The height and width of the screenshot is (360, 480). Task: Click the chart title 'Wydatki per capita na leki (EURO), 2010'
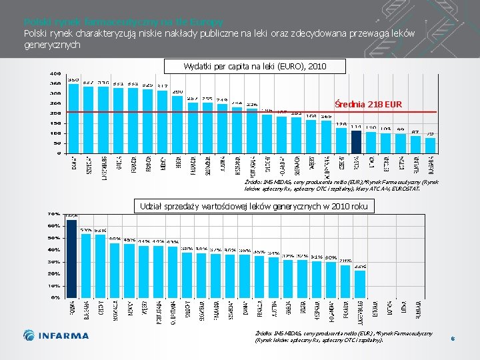click(255, 66)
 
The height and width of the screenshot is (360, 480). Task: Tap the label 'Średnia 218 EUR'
click(369, 105)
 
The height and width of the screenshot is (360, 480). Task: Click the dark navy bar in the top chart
click(357, 141)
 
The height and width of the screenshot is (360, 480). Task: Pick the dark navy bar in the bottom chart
click(71, 257)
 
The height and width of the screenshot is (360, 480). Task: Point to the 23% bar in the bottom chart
click(360, 283)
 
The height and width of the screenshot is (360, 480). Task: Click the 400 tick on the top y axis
click(55, 74)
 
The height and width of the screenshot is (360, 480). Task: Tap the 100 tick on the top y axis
click(55, 133)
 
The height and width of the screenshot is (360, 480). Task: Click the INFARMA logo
click(56, 335)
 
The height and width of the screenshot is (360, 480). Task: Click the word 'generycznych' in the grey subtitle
click(52, 45)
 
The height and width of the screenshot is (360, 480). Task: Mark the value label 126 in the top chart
click(341, 124)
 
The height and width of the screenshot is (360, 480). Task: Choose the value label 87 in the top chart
click(415, 131)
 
